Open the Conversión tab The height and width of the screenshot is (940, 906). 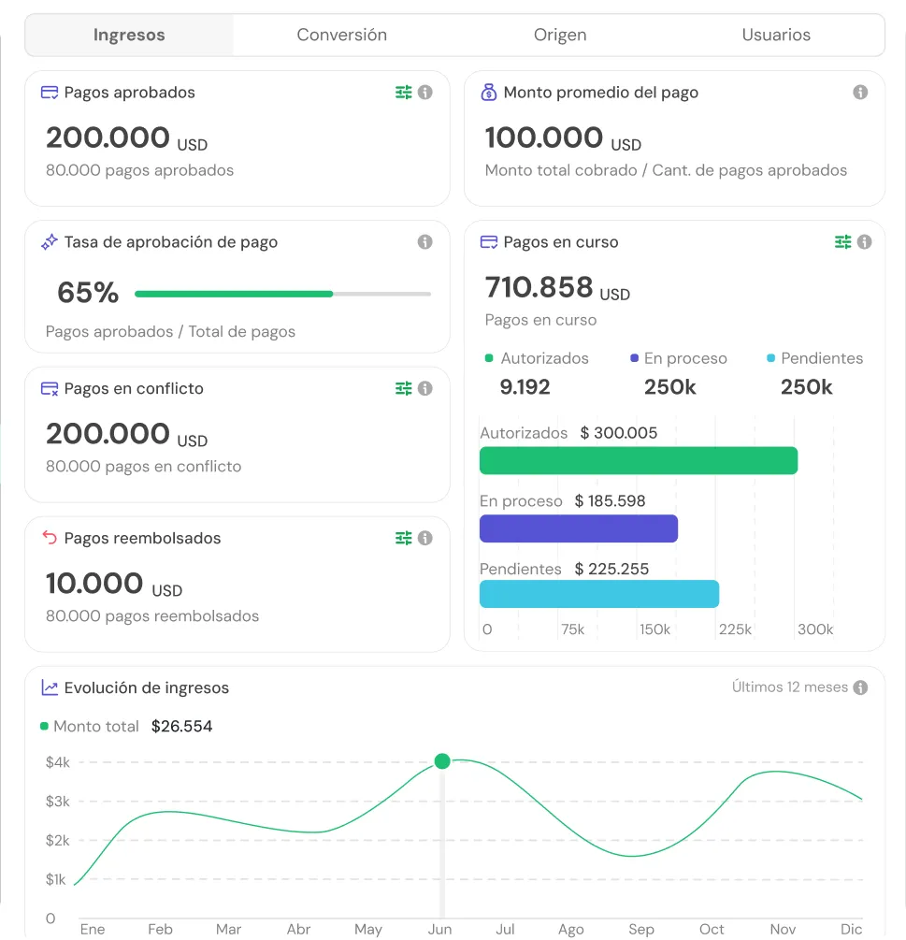(341, 35)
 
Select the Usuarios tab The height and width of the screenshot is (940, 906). (776, 35)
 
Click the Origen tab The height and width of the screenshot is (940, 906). (560, 36)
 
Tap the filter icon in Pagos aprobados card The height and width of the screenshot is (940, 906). (403, 93)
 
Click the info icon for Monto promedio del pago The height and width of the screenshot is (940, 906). (860, 93)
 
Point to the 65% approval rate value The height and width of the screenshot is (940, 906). (88, 293)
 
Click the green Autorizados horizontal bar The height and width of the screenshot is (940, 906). (639, 460)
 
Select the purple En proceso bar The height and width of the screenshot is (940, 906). (579, 528)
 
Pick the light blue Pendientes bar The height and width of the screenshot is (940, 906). (599, 594)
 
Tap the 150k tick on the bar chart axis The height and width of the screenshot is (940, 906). (654, 629)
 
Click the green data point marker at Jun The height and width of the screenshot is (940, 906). (442, 761)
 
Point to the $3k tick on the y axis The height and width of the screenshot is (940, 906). (58, 802)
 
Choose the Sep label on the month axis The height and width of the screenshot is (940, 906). (641, 930)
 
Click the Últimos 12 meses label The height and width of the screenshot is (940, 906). (790, 687)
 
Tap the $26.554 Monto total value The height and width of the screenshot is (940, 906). (181, 727)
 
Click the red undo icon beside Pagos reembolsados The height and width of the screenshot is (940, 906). (50, 537)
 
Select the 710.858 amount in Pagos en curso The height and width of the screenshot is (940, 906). (539, 287)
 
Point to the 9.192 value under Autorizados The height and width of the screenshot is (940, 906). (525, 387)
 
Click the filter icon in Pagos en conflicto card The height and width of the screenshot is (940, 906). (403, 388)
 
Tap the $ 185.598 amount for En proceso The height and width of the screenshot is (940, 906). (610, 501)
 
